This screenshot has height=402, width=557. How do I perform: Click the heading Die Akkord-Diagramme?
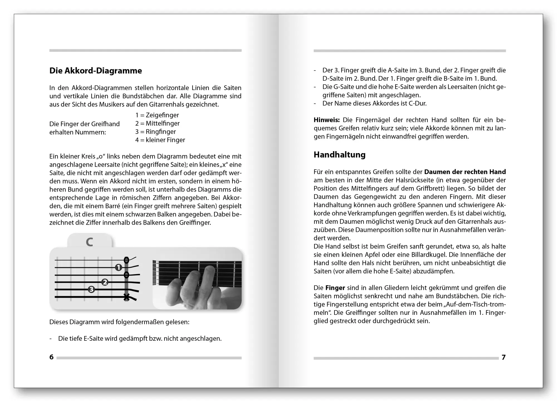(x=96, y=71)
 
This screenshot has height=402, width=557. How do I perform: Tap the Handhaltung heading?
(x=339, y=155)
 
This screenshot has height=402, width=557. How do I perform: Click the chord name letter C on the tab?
(x=89, y=242)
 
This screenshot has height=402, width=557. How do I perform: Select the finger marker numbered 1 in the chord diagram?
(x=118, y=268)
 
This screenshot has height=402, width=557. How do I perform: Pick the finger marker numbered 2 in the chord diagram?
(x=105, y=282)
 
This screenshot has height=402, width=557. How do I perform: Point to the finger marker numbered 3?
(x=91, y=290)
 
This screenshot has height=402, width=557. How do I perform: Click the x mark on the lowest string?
(x=126, y=297)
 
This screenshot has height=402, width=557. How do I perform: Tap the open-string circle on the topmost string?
(x=126, y=260)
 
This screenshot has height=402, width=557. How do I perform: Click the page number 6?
(x=51, y=357)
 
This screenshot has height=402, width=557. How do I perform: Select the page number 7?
(x=504, y=357)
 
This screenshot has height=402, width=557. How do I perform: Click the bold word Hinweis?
(x=326, y=120)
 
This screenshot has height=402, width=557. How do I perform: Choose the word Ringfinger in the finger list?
(x=161, y=132)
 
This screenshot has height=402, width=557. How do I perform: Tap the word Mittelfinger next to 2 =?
(x=163, y=123)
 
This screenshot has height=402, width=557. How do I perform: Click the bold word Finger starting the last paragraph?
(x=335, y=288)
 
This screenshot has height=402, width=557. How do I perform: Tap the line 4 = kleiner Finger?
(x=160, y=140)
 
